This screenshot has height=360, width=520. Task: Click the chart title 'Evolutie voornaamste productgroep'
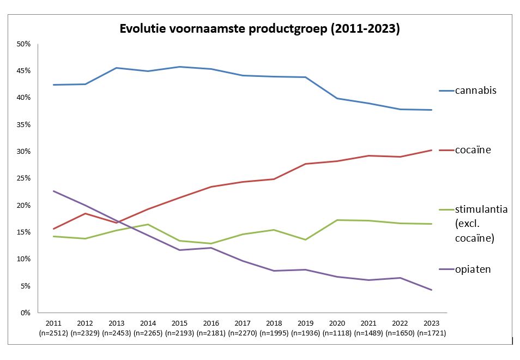tap(259, 29)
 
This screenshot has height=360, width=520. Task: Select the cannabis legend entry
tap(475, 91)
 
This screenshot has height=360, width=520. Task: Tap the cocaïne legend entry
tap(473, 149)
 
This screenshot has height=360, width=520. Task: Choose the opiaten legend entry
tap(473, 269)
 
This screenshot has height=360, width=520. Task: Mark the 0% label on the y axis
tap(25, 313)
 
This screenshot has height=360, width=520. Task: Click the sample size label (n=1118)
tap(337, 333)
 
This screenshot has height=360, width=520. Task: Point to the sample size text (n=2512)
tap(53, 333)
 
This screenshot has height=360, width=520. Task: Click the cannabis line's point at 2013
tap(117, 68)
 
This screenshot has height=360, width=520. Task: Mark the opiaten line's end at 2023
tap(432, 290)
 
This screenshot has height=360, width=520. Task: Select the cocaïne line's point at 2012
tap(85, 213)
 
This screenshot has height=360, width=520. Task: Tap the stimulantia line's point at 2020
tap(337, 220)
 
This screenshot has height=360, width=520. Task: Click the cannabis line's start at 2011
tap(53, 85)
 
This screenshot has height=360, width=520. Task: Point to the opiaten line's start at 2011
tap(53, 191)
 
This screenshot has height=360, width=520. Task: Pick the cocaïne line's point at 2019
tap(306, 164)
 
